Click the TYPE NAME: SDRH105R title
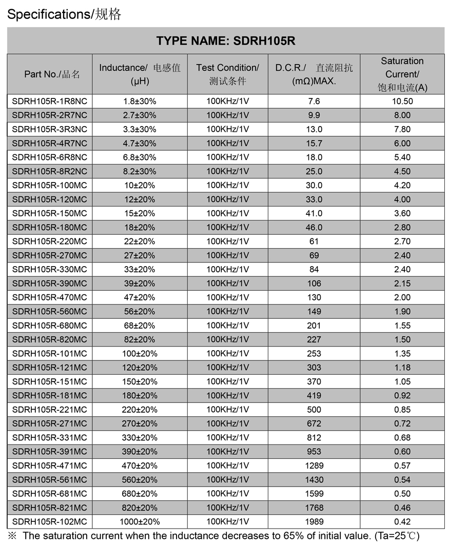pos(226,41)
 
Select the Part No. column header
pos(50,74)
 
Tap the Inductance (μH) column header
pos(140,74)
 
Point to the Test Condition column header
pos(227,74)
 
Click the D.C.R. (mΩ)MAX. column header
pos(314,74)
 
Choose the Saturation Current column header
pos(402,74)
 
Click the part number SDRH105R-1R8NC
pos(50,102)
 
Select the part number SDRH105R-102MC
pos(50,522)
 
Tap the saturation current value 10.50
pos(402,102)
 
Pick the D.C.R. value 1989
pos(314,522)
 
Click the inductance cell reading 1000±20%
pos(140,522)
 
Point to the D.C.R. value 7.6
pos(314,102)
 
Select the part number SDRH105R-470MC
pos(50,297)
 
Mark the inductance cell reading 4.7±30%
pos(140,144)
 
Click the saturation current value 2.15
pos(402,284)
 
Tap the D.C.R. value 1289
pos(314,466)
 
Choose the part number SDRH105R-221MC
pos(50,410)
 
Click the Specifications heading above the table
pos(64,14)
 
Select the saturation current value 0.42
pos(402,522)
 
